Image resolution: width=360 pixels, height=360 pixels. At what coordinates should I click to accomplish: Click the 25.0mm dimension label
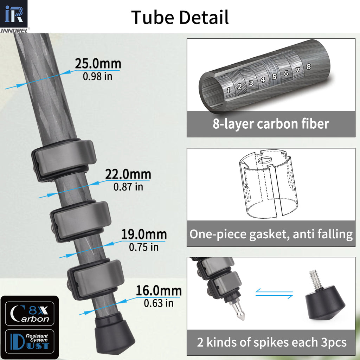click(98, 64)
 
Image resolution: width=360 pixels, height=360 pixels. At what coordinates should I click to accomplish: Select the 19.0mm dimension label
click(144, 234)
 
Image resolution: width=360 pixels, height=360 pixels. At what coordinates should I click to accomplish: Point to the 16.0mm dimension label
click(159, 291)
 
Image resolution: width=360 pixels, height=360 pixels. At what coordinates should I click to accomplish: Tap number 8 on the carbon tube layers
click(308, 66)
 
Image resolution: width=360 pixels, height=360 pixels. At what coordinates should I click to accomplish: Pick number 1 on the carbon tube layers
click(229, 90)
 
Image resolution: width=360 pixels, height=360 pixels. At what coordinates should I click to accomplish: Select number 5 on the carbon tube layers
click(274, 77)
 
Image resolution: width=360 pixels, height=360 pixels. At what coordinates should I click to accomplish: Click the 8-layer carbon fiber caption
click(271, 124)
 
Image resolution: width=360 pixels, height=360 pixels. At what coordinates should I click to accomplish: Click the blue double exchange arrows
click(274, 294)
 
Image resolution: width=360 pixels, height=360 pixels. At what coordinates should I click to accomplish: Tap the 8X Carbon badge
click(29, 314)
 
